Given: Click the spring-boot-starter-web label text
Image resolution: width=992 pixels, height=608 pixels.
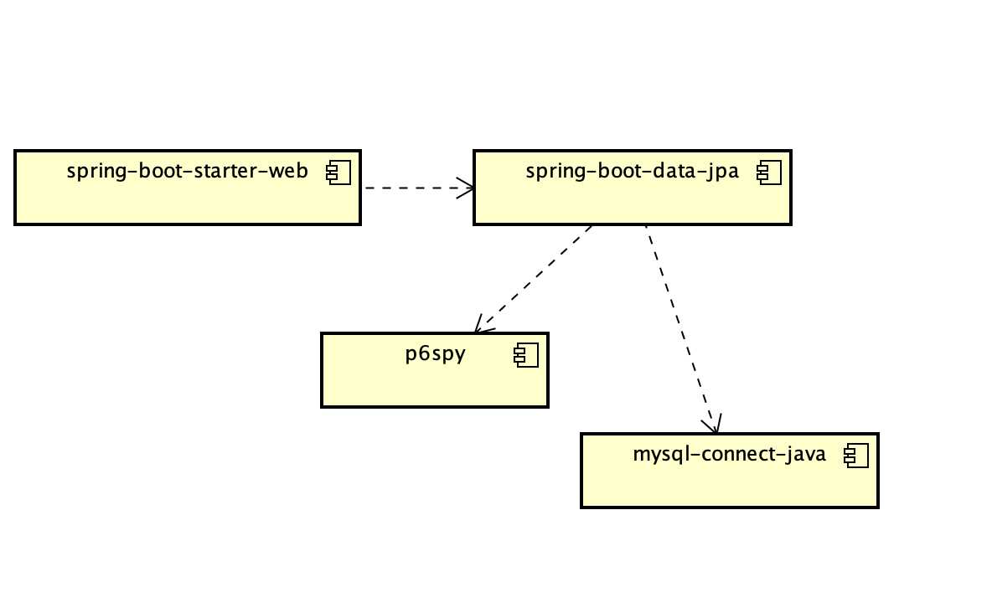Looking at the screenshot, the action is tap(188, 172).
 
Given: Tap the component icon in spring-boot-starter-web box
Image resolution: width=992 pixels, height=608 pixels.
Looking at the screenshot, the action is tap(338, 173).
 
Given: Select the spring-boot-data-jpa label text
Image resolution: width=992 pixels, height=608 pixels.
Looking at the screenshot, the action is tap(632, 172).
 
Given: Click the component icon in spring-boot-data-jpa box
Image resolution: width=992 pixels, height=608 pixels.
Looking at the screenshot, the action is tap(769, 173).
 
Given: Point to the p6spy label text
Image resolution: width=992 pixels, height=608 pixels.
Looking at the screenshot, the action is tap(436, 353).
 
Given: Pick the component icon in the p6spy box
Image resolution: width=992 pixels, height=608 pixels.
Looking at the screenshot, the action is tap(526, 355).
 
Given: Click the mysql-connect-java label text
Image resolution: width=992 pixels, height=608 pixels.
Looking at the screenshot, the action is tap(730, 455).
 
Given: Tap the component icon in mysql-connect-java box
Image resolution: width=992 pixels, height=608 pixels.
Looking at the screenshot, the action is tap(856, 456).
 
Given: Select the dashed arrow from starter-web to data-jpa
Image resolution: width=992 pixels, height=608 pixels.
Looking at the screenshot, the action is tap(418, 188).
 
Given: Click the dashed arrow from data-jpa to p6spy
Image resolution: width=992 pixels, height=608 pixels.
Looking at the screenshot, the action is tap(534, 279).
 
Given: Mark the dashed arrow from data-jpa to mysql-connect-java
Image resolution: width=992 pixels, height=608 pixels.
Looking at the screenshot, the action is tap(681, 329).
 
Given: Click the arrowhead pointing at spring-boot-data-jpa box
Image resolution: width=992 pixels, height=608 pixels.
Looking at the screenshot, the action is tap(467, 188).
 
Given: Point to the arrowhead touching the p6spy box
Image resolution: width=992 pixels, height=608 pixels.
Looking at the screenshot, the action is tap(483, 325).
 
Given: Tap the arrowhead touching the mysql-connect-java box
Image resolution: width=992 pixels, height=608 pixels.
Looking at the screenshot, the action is tap(712, 424).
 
